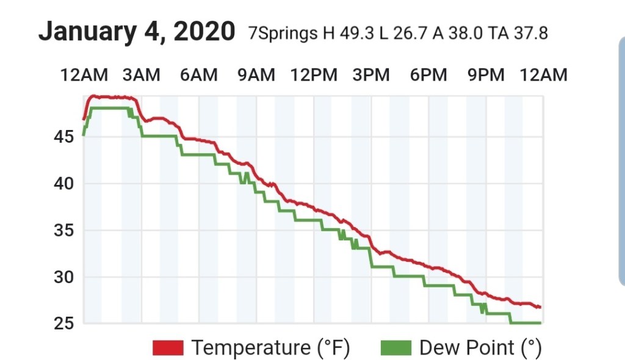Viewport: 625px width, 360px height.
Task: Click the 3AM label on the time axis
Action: point(142,75)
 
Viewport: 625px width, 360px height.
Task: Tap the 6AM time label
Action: point(198,75)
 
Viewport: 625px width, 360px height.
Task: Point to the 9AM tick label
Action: point(256,75)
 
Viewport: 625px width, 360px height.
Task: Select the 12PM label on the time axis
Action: point(314,75)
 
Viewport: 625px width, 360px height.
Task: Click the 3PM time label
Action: point(371,75)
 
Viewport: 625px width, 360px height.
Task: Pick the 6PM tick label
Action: point(428,75)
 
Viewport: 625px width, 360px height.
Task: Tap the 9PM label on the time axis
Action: point(486,75)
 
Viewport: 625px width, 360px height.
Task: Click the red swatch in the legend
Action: point(168,348)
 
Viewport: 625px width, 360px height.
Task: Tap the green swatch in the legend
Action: point(396,348)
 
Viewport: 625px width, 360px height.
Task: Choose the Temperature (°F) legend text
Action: point(270,348)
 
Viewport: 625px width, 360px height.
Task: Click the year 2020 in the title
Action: point(204,31)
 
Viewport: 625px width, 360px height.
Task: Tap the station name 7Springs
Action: point(283,34)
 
